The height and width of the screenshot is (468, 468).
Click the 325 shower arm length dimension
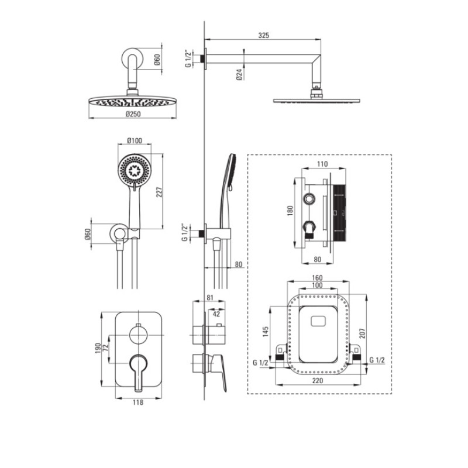[x=264, y=36]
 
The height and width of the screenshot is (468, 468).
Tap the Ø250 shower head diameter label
[x=133, y=114]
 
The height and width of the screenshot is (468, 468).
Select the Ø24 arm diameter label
[x=239, y=74]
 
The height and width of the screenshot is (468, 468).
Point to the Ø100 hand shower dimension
[x=135, y=140]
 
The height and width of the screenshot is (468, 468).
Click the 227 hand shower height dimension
[x=159, y=192]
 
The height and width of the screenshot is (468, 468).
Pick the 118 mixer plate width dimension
[x=138, y=402]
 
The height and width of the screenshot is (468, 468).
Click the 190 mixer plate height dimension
[x=98, y=348]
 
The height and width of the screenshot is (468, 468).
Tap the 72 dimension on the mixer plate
[x=106, y=348]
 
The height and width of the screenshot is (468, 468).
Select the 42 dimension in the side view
[x=216, y=314]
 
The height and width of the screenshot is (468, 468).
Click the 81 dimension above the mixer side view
[x=210, y=298]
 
